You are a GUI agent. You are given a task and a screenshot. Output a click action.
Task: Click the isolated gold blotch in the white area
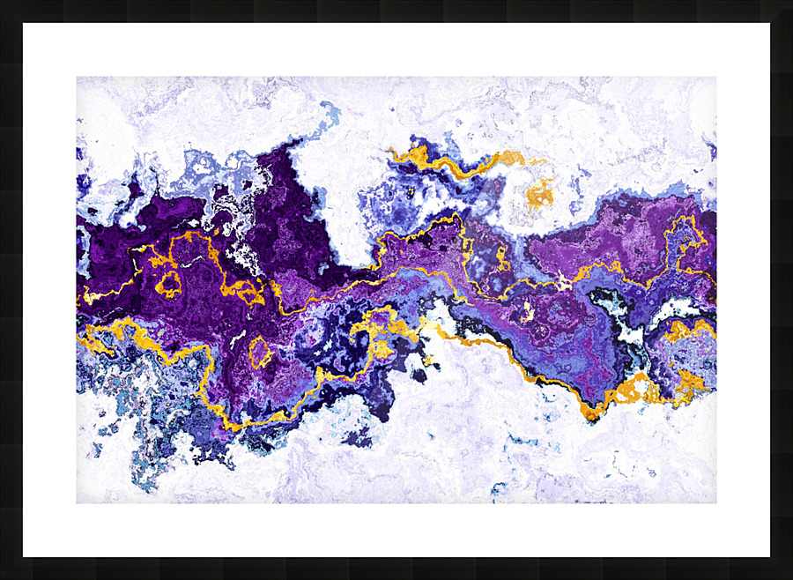pos(539,194)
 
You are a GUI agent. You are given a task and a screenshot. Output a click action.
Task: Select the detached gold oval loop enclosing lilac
pos(260,352)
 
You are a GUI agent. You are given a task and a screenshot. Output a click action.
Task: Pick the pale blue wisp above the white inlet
pos(330,113)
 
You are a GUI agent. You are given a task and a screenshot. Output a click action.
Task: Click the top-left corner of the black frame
pos(3,3)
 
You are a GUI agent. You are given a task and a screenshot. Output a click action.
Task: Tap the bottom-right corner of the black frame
pos(789,576)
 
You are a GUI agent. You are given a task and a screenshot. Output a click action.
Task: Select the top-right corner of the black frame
pos(789,3)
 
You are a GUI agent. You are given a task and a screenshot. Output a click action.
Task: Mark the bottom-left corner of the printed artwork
pos(78,502)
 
